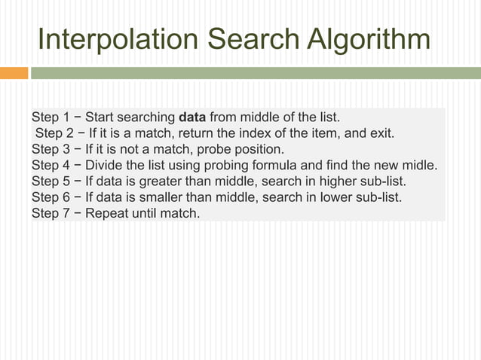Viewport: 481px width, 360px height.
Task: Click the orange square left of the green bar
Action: pos(14,74)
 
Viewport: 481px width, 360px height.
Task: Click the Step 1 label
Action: pos(51,118)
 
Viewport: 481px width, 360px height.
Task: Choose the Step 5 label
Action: pos(51,182)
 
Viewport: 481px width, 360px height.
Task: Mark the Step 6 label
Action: pos(51,197)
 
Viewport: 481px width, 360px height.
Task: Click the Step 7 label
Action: pos(51,213)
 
